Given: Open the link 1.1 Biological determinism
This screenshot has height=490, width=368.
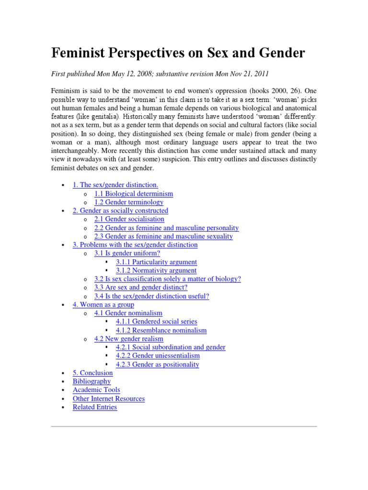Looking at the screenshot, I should tap(134, 194).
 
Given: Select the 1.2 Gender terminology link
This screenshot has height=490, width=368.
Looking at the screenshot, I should tap(129, 202).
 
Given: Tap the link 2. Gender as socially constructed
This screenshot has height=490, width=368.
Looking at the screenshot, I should tap(120, 211).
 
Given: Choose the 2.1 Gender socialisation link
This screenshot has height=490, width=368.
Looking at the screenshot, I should tap(129, 219).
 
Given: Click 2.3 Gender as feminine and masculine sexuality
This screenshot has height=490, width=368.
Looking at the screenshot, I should tap(163, 236).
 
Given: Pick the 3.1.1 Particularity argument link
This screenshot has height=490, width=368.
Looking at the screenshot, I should tap(156, 262).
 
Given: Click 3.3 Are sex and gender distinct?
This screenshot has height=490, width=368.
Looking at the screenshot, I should tap(141, 288).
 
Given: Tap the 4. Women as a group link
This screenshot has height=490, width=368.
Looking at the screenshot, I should tap(103, 304).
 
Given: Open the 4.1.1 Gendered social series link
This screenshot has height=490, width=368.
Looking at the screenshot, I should tap(156, 322).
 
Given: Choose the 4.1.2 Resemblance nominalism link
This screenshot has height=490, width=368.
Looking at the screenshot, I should tap(161, 330).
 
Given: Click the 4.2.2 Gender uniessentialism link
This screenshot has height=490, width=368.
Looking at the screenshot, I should tap(158, 356).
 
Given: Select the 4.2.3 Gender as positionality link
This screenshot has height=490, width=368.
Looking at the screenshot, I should tap(157, 364).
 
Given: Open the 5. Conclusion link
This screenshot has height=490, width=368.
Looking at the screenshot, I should tap(92, 373).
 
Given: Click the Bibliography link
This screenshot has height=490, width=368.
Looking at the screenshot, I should tap(92, 381).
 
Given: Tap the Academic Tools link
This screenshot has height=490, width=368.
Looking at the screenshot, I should tap(96, 390).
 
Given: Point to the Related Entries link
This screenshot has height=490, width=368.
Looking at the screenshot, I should tap(94, 407).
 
